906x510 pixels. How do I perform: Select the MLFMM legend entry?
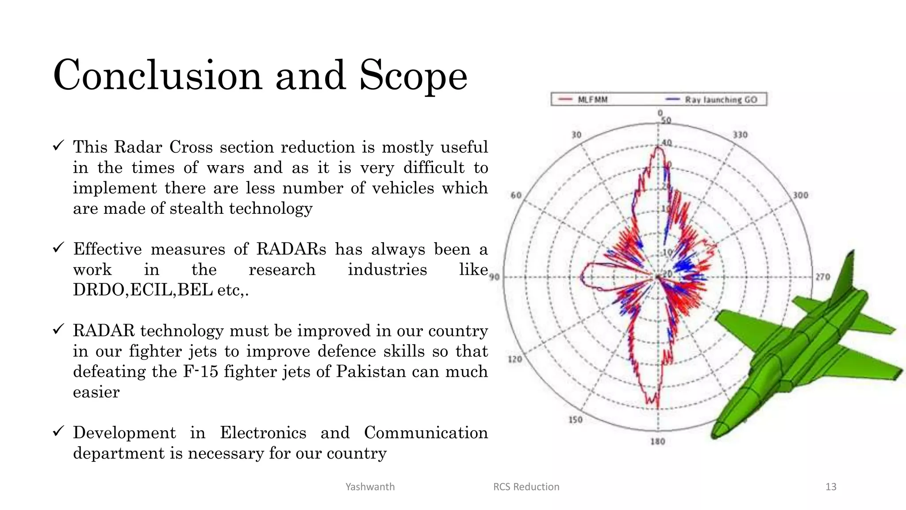coord(584,100)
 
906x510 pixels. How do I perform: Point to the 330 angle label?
coord(740,135)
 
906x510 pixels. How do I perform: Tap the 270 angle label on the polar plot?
coord(823,277)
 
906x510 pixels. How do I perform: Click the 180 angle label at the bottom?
coord(658,441)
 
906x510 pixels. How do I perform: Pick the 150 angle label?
coord(576,420)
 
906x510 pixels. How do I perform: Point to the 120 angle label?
coord(515,359)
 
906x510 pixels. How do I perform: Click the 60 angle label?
coord(516,195)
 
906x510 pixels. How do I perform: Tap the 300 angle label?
coord(800,195)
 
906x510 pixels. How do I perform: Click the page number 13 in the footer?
coord(831,487)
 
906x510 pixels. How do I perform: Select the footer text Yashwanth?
coord(370,487)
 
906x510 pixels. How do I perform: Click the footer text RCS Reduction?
coord(526,487)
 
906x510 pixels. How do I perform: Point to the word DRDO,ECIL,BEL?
coord(142,290)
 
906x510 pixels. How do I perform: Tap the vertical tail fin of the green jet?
coord(846,274)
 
